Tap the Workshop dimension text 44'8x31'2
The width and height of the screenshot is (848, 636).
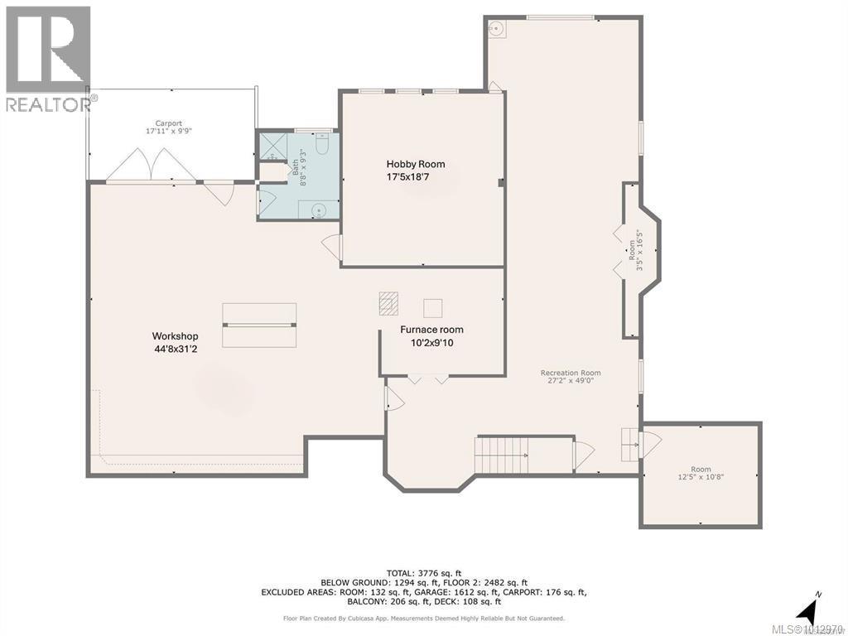[x=175, y=349]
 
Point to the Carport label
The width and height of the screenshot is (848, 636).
[x=169, y=123]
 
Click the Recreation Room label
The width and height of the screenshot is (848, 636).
[x=571, y=373]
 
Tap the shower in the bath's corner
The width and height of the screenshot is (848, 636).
[x=272, y=146]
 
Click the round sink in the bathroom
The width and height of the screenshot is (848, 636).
[x=319, y=210]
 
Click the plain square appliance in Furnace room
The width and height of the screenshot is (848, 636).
[x=432, y=308]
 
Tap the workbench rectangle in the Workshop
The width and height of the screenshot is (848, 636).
[x=259, y=325]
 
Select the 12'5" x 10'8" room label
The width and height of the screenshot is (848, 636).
[x=701, y=473]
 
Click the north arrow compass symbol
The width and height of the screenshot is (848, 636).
[x=807, y=610]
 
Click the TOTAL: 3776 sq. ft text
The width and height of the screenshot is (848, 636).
[x=423, y=572]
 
